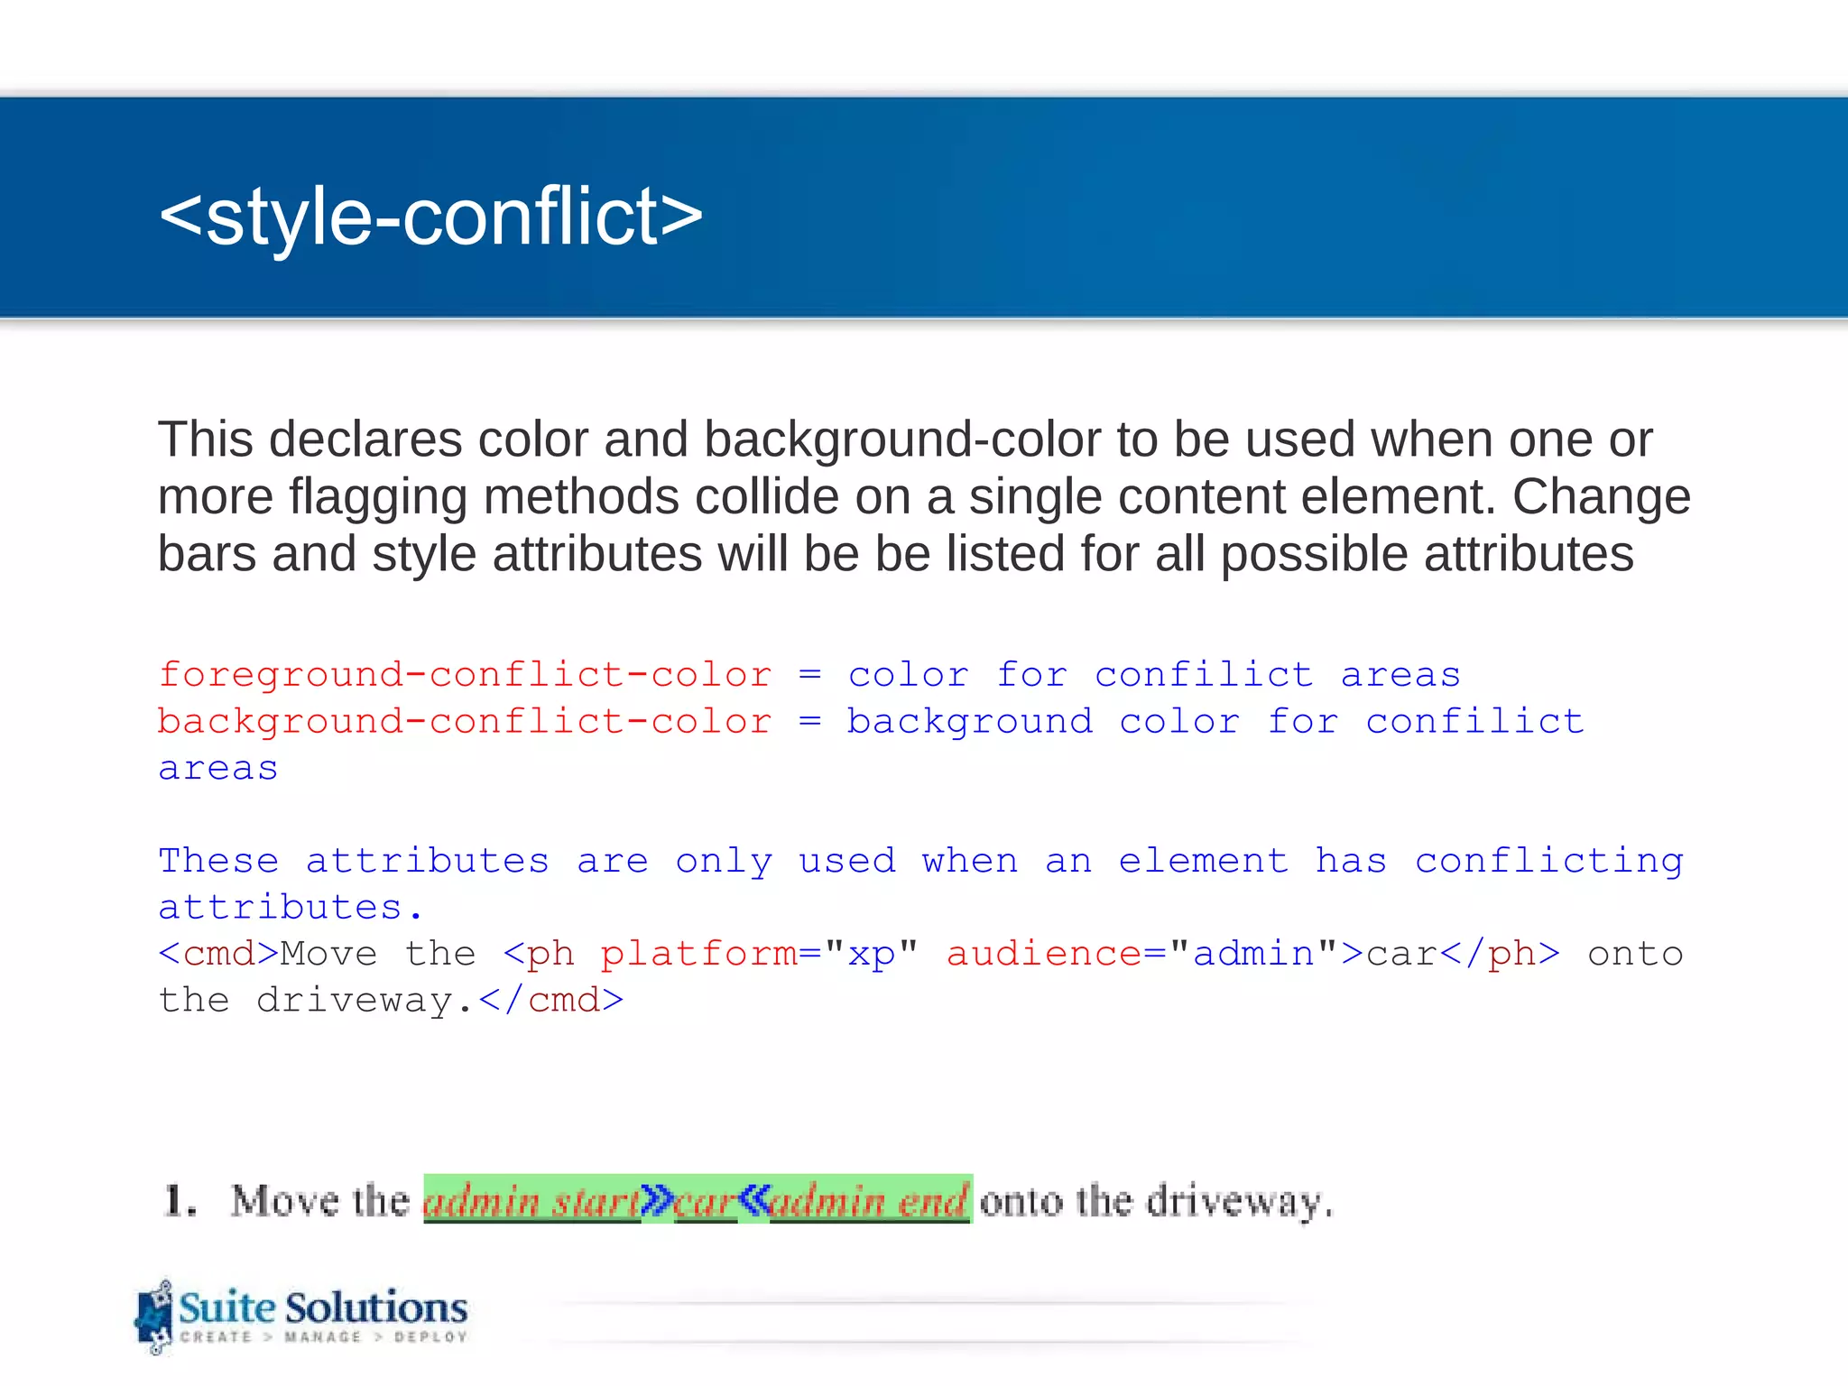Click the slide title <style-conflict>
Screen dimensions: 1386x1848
coord(430,217)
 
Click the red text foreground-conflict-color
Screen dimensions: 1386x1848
coord(465,675)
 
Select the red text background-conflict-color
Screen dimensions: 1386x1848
coord(465,722)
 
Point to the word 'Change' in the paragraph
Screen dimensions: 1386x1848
coord(1601,496)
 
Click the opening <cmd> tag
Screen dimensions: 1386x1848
coord(218,954)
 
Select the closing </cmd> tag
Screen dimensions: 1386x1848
coord(550,1001)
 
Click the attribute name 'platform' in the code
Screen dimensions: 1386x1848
coord(698,954)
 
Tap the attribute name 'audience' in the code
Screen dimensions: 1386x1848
coord(1044,954)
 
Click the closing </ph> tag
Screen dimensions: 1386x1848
coord(1500,954)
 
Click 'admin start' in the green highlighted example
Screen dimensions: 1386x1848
coord(531,1201)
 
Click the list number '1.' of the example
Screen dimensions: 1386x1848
coord(180,1201)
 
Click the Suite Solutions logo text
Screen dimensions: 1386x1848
coord(323,1307)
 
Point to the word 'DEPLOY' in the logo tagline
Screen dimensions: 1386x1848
coord(430,1337)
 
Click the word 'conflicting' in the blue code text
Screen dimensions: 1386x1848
coord(1548,861)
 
